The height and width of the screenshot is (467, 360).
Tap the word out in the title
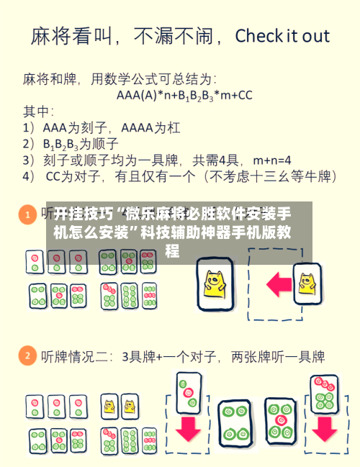pyautogui.click(x=315, y=37)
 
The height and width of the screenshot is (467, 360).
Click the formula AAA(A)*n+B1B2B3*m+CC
pyautogui.click(x=184, y=94)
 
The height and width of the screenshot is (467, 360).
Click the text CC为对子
pyautogui.click(x=72, y=176)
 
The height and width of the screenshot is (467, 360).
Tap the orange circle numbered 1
pyautogui.click(x=27, y=215)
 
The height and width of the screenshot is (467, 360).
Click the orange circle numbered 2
pyautogui.click(x=27, y=355)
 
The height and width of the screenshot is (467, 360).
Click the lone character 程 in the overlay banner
pyautogui.click(x=172, y=250)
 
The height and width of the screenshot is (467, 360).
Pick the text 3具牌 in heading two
pyautogui.click(x=137, y=356)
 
